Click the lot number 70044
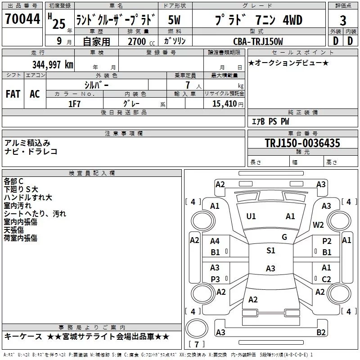[22, 20]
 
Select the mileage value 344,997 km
[53, 64]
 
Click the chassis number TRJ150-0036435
[302, 143]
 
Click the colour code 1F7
[74, 103]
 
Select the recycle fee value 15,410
[224, 103]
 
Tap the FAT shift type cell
[13, 94]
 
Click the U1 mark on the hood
[251, 216]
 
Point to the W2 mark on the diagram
[319, 225]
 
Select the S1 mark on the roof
[270, 251]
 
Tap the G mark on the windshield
[284, 237]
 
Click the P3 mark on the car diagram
[216, 279]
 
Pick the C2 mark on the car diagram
[327, 279]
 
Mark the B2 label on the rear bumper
[321, 333]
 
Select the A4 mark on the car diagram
[215, 242]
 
